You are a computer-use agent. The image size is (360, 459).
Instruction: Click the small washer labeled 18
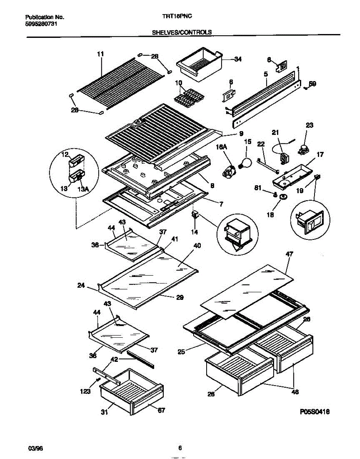coord(283,197)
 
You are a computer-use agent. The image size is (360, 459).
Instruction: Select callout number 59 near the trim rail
coord(312,84)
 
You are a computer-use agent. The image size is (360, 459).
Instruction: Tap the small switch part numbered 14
coord(195,215)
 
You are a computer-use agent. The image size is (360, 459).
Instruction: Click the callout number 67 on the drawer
coord(161,410)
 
